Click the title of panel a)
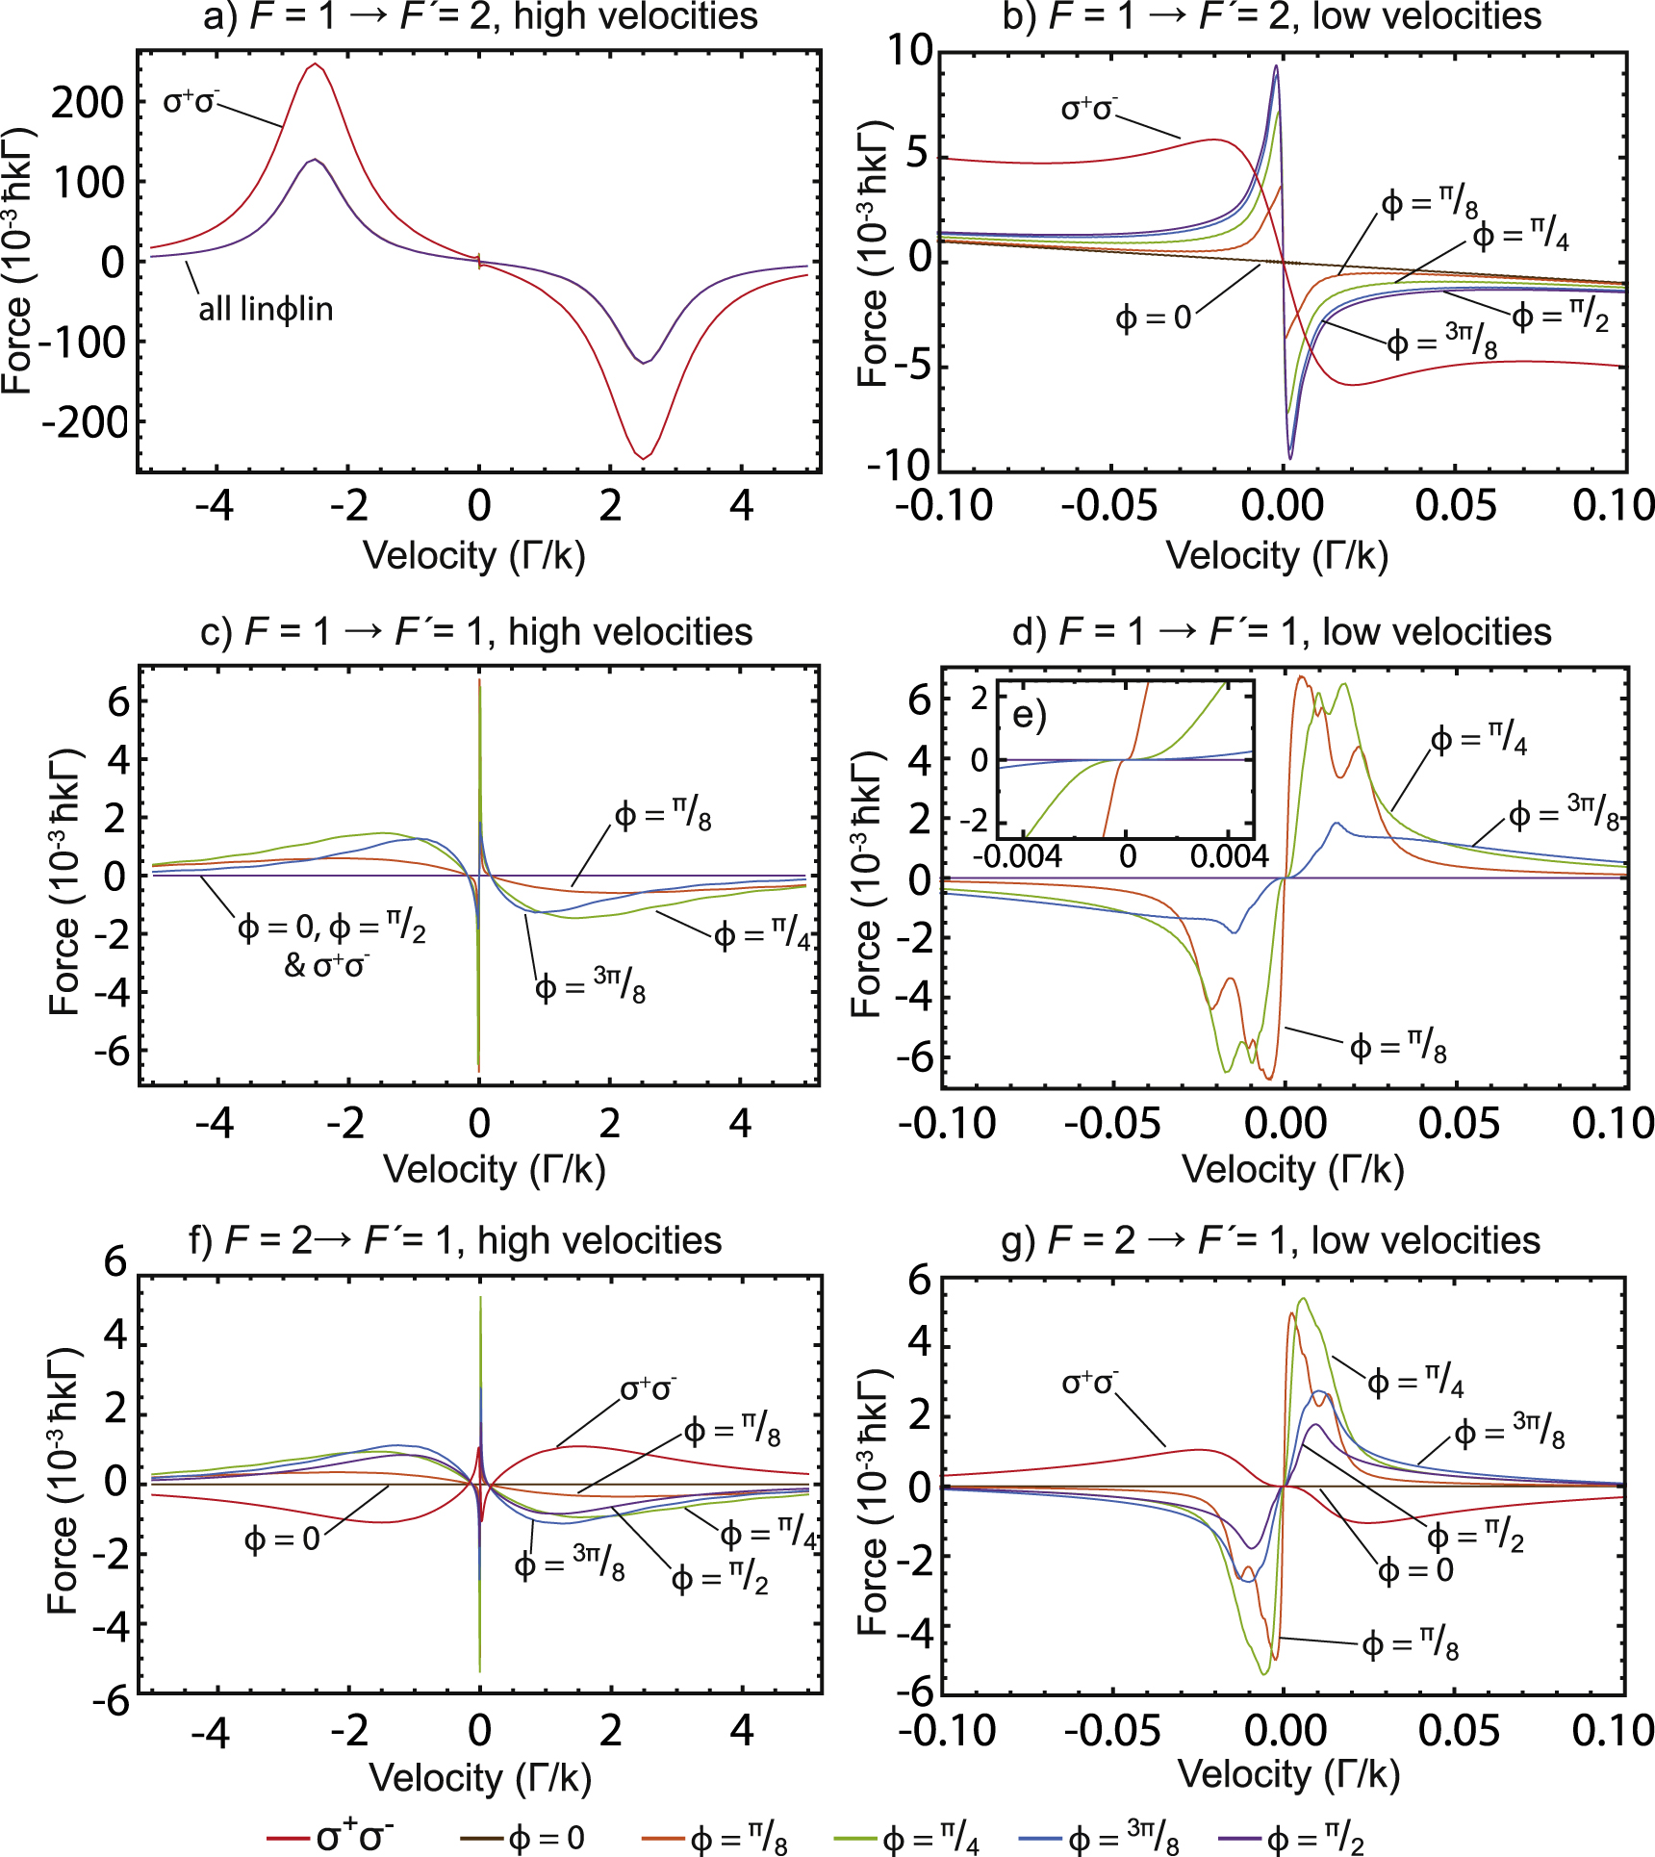(480, 17)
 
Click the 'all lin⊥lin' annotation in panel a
(266, 309)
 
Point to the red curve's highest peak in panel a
(315, 64)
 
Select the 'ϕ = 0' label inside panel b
(1153, 318)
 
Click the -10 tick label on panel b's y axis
(899, 466)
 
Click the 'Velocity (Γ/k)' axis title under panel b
(1277, 555)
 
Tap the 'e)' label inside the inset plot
(1029, 715)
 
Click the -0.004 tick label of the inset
(1017, 855)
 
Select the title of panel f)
(455, 1240)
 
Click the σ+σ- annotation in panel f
(648, 1388)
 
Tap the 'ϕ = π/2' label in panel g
(1475, 1537)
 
